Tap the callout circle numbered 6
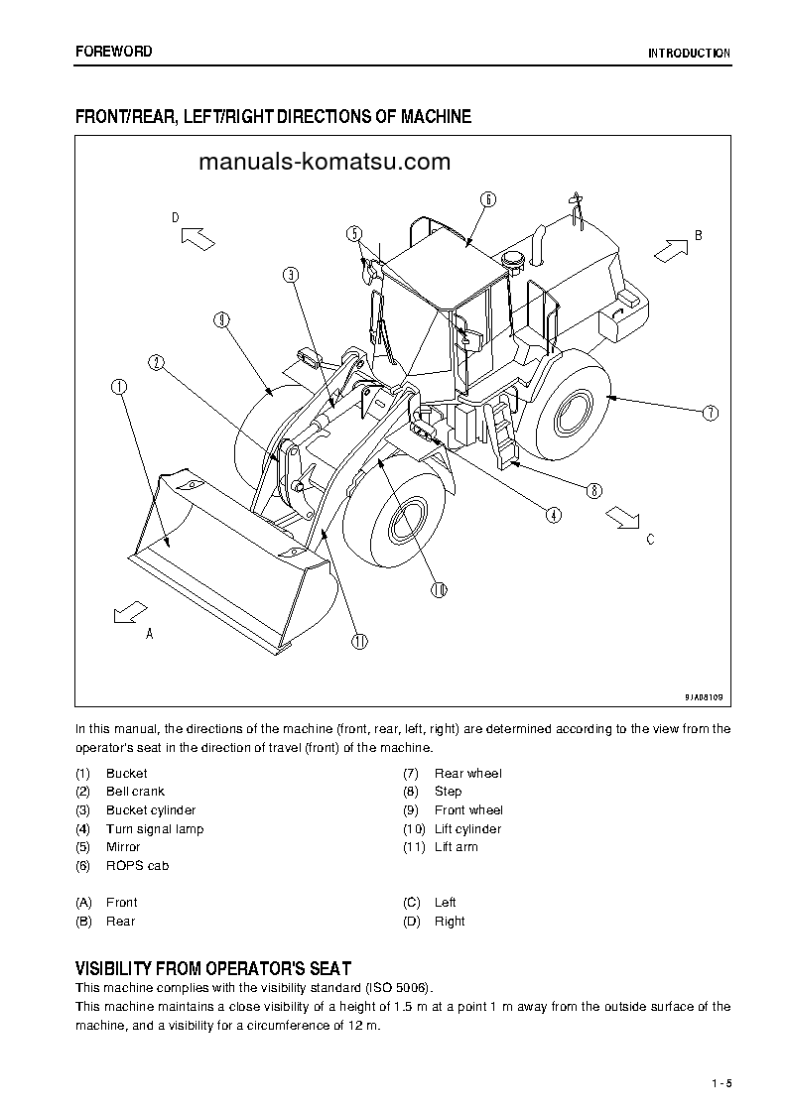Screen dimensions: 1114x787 pos(488,198)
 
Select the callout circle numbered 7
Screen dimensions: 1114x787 pos(710,413)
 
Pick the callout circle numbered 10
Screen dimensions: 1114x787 pos(440,589)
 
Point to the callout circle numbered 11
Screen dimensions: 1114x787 pos(359,641)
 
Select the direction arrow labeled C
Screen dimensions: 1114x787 pos(623,518)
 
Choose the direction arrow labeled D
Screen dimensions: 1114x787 pos(197,237)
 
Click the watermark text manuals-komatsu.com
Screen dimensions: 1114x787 pos(324,162)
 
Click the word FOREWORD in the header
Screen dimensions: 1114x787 pos(114,52)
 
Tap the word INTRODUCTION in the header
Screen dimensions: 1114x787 pos(689,54)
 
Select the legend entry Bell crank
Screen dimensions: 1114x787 pos(135,792)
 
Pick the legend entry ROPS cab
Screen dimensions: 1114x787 pos(137,866)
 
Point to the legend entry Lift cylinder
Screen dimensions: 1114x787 pos(467,829)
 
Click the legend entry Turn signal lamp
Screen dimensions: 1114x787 pos(155,829)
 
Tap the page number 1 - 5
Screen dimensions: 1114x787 pos(721,1082)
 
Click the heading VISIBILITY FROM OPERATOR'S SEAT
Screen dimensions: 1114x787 pos(213,968)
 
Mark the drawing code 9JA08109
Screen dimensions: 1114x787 pos(703,697)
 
